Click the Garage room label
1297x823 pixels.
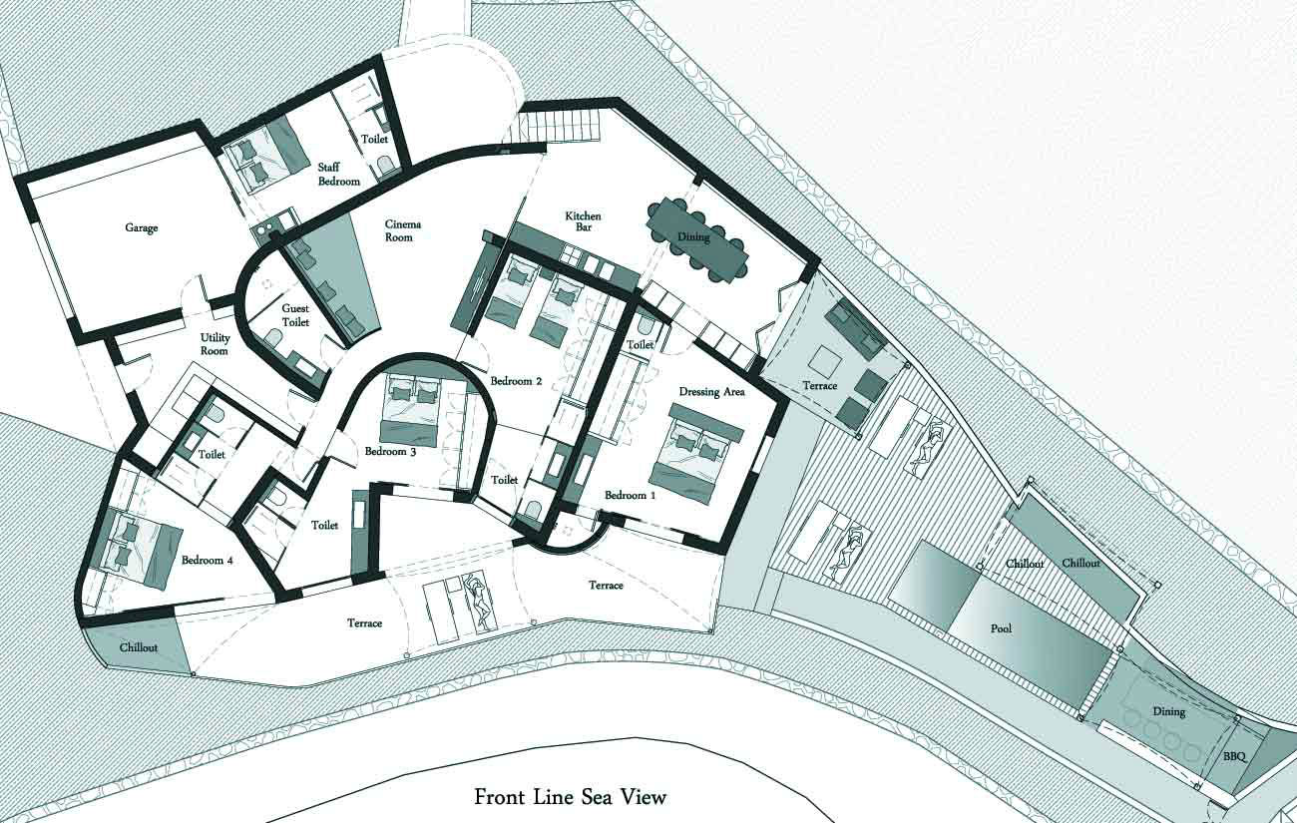tap(142, 228)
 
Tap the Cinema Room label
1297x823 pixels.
tap(402, 230)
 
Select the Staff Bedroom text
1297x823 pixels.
tap(339, 174)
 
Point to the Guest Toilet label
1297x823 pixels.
tap(295, 315)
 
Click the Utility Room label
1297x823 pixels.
tap(215, 344)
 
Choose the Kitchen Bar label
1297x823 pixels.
tap(583, 221)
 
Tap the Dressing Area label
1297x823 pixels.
tap(711, 392)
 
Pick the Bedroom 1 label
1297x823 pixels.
tap(630, 496)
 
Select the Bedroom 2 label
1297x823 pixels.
tap(516, 381)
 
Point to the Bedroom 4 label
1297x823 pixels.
tap(207, 561)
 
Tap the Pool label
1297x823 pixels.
tap(1001, 627)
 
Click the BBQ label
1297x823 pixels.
tap(1234, 756)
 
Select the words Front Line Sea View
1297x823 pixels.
tap(571, 797)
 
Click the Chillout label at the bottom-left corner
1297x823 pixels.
tap(139, 647)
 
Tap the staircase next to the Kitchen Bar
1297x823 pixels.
tap(557, 126)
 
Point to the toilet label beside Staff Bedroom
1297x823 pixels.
tap(374, 139)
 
